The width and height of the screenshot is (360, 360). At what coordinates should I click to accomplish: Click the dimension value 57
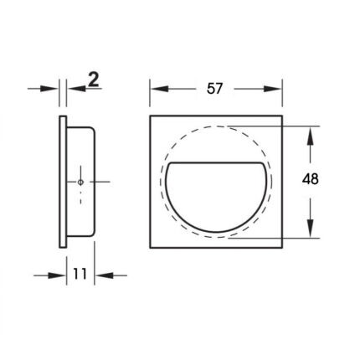coord(214,89)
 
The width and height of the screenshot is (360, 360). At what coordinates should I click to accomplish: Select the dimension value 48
coord(310,179)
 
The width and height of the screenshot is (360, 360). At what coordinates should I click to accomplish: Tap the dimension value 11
coord(80,274)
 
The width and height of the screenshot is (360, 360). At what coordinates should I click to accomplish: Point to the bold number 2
coord(94,79)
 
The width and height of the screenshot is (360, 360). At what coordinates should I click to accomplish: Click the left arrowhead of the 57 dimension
coord(159,89)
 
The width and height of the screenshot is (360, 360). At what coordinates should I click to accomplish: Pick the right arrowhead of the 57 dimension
coord(273,89)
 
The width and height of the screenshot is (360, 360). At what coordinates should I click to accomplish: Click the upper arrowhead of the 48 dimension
coord(310,136)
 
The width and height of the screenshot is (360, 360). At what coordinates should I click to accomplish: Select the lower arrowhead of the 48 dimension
coord(310,229)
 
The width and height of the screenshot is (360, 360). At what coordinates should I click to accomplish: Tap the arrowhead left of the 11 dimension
coord(57,275)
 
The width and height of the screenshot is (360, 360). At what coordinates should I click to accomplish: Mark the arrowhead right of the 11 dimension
coord(104,275)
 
